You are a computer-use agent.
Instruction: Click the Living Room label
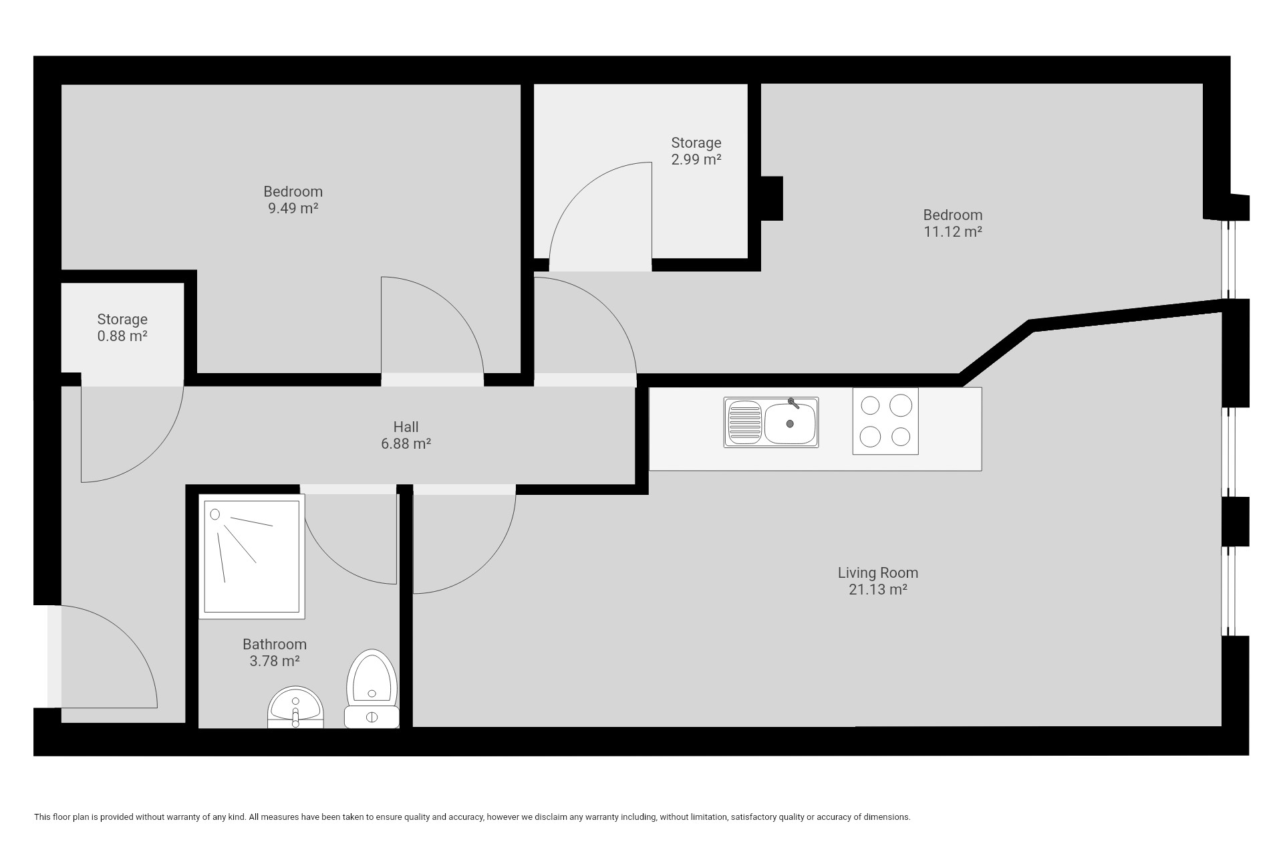point(878,572)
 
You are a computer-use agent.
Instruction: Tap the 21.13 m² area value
point(878,589)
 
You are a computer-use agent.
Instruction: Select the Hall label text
point(406,427)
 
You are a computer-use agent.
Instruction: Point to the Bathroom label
point(275,644)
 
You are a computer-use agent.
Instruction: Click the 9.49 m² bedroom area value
point(293,208)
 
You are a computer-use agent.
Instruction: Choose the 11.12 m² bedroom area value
point(953,231)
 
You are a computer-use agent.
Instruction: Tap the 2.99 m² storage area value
point(696,159)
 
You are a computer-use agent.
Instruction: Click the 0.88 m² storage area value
point(122,336)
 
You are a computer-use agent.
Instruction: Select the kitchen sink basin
point(790,423)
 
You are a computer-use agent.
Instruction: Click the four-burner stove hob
point(885,421)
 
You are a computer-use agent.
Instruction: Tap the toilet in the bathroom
point(372,688)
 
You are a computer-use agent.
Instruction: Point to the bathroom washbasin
point(295,708)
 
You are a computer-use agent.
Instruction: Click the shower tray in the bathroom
point(252,556)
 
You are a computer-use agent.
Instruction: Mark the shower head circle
point(215,514)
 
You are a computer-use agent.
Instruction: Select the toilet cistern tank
point(372,717)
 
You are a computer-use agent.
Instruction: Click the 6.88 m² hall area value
point(406,443)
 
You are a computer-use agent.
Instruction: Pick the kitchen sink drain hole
point(790,423)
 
